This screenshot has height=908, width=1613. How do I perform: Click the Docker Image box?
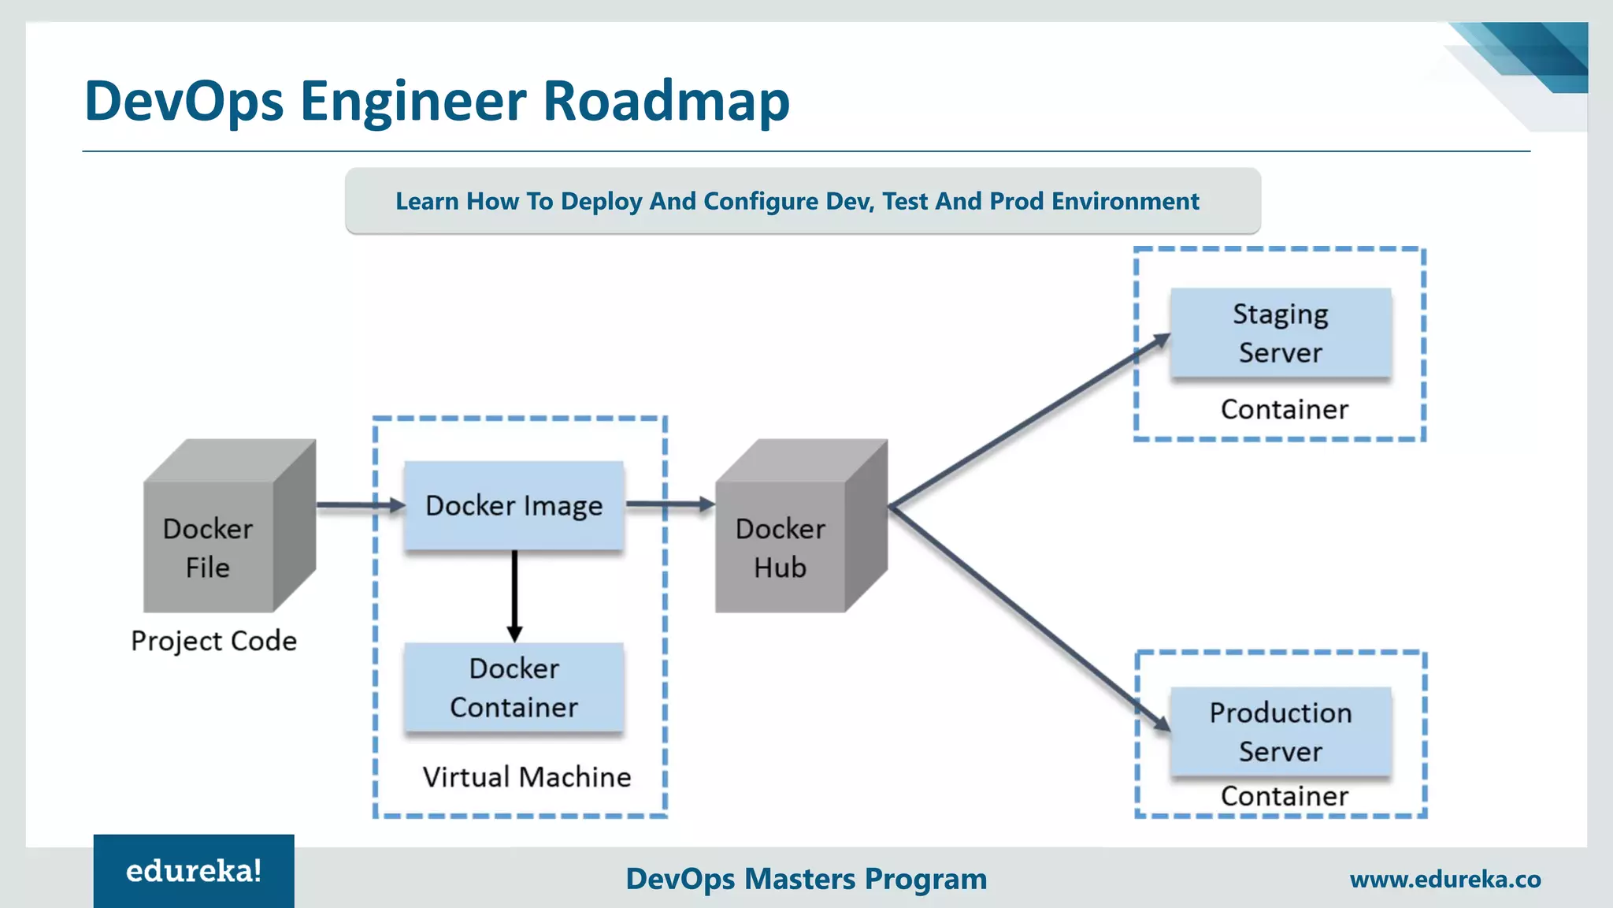click(514, 505)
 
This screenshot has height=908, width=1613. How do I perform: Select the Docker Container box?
click(514, 687)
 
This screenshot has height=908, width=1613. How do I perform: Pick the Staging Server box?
click(1281, 333)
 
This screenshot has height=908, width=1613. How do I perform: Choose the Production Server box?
click(1281, 731)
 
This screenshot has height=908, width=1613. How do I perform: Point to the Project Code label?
click(214, 641)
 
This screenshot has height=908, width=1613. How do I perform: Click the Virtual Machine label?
click(526, 777)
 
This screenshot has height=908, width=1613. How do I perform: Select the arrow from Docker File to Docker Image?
click(358, 505)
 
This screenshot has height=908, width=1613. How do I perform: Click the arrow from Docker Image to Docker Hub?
click(669, 504)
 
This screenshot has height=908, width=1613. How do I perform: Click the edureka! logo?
click(194, 871)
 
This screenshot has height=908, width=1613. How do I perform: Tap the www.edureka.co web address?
click(1445, 880)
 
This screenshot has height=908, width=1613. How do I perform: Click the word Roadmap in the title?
click(666, 101)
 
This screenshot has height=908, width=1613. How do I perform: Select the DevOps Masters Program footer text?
click(806, 879)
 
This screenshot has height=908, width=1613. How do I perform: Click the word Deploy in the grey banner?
click(601, 202)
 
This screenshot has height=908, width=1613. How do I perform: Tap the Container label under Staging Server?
click(1284, 410)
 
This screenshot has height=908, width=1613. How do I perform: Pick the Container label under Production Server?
click(1284, 797)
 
